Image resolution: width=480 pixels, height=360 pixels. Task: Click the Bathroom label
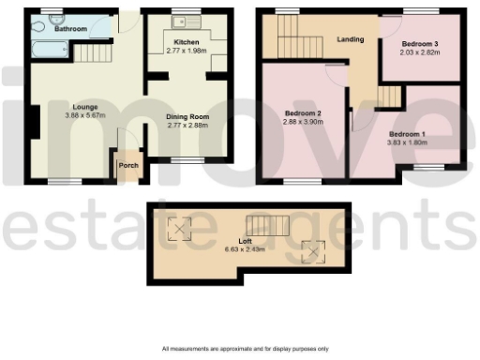point(70,30)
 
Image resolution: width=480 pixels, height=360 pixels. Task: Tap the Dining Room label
point(186,116)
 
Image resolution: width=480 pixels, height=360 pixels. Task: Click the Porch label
point(127,167)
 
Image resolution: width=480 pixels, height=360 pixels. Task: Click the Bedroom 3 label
point(421,43)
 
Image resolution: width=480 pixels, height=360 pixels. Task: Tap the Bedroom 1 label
point(409,134)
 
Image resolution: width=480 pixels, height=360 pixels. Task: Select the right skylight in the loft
point(310,248)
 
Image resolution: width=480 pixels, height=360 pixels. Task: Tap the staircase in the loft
point(262,225)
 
